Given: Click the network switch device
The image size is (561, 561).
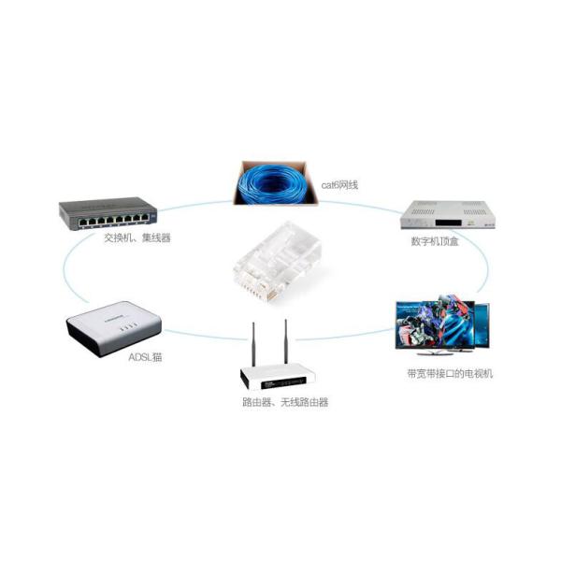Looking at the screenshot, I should (x=108, y=214).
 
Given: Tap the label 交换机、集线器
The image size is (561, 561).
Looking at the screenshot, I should (x=137, y=238).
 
